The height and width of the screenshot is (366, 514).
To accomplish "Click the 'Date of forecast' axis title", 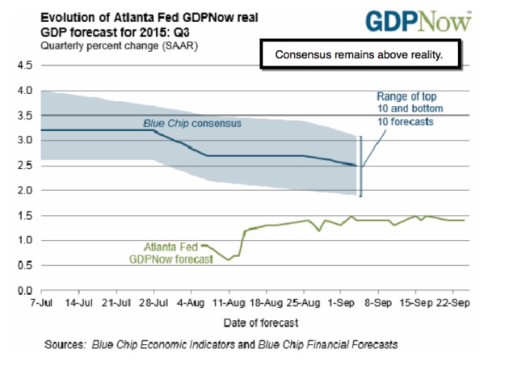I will click(250, 321).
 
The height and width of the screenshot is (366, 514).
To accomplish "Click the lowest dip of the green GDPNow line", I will click(229, 260).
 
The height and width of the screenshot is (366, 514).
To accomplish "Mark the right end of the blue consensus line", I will click(358, 166).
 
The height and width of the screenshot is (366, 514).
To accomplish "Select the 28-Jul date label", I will click(152, 302).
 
